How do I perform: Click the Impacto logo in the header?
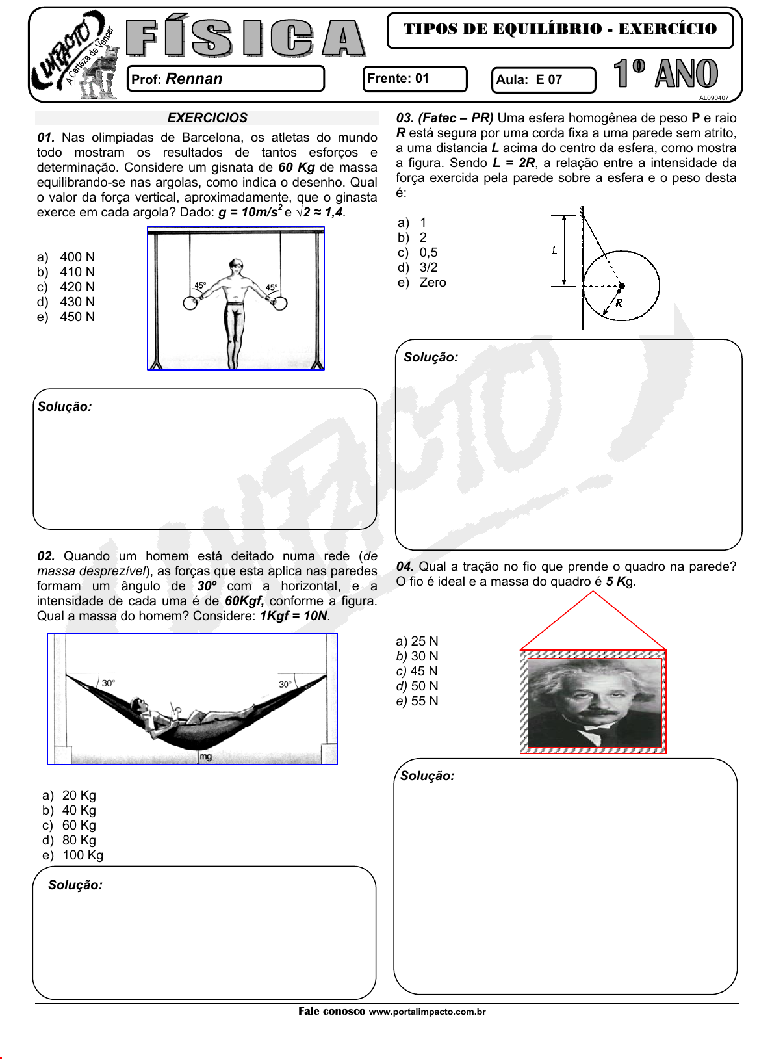point(73,56)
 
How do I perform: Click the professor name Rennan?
point(194,79)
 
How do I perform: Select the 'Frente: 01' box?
point(414,79)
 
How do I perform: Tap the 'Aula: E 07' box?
point(543,80)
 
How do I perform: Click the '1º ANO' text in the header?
point(666,73)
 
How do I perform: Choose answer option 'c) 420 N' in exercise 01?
point(66,287)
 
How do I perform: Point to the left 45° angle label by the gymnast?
point(200,285)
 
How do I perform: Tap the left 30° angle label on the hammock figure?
point(108,683)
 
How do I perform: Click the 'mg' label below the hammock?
point(205,757)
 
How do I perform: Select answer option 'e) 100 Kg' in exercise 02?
point(73,855)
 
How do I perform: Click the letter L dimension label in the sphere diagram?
point(554,250)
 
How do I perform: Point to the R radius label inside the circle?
point(619,303)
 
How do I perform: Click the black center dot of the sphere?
point(622,285)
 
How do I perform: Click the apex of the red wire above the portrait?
point(593,592)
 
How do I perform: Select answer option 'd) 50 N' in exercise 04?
point(417,686)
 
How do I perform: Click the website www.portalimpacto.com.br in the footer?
point(427,1012)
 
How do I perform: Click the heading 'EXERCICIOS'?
point(207,118)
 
